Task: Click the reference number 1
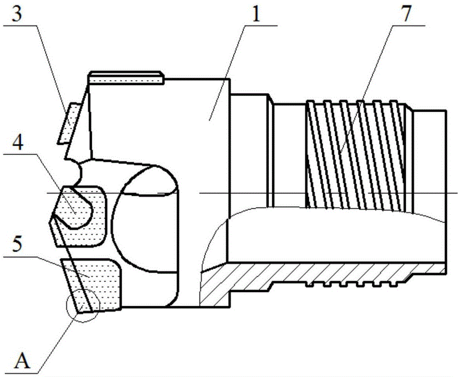pyautogui.click(x=256, y=14)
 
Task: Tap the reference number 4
pyautogui.click(x=17, y=142)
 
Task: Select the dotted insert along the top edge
pyautogui.click(x=126, y=78)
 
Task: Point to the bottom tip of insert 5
pyautogui.click(x=78, y=313)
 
